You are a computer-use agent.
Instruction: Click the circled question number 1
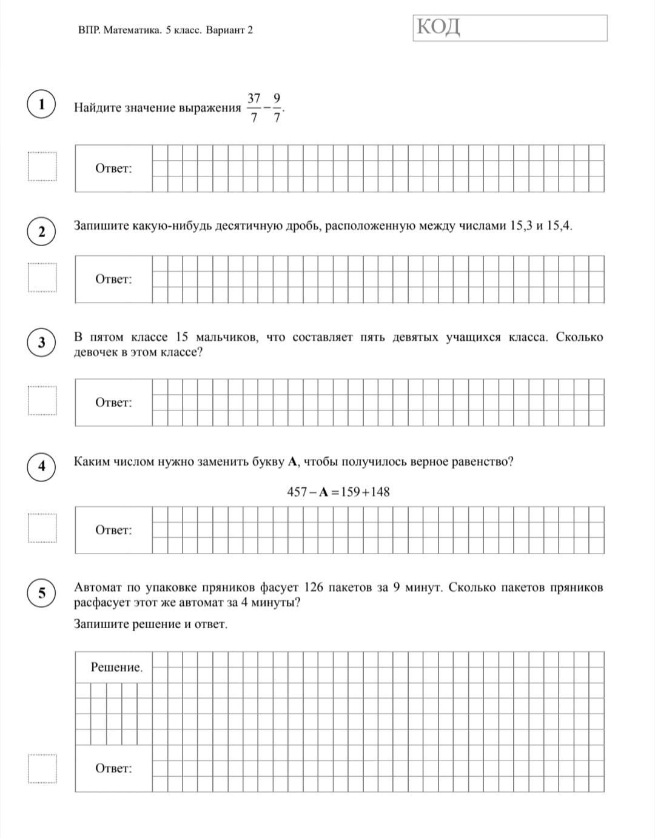(41, 104)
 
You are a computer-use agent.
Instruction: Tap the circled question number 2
(41, 232)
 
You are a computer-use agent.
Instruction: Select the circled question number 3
(41, 343)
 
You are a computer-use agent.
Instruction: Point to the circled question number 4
(41, 466)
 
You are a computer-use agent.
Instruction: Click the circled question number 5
(41, 592)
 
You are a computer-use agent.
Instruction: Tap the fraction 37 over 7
(254, 108)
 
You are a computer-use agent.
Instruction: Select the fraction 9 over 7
(277, 108)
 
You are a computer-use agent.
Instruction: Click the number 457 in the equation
(297, 492)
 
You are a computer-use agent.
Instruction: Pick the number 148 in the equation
(380, 492)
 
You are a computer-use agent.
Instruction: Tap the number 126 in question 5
(314, 588)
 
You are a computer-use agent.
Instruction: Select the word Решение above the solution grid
(116, 668)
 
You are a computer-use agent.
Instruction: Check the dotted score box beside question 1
(42, 167)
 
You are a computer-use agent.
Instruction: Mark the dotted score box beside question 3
(42, 401)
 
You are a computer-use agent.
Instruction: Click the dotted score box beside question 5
(42, 769)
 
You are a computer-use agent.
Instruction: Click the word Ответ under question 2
(113, 280)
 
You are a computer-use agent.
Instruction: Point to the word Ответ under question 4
(113, 531)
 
